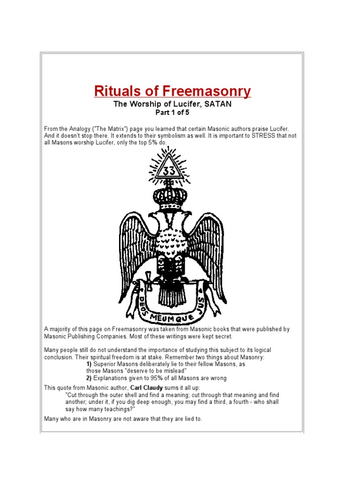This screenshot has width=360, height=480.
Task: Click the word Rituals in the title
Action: [116, 91]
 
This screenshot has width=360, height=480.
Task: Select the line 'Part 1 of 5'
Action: [172, 113]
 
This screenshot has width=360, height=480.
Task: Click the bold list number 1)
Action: [89, 364]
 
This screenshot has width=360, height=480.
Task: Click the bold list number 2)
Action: [89, 378]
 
